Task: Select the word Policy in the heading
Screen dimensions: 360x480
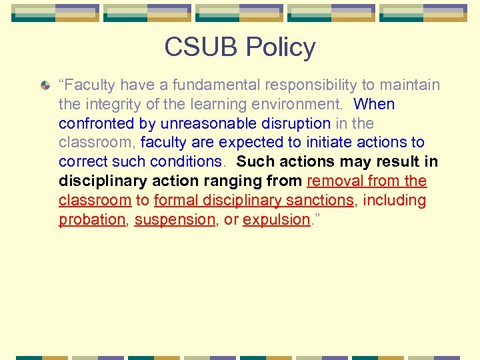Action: click(x=280, y=48)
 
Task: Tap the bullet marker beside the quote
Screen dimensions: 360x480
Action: click(x=45, y=86)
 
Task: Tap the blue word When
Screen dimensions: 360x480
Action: click(x=374, y=105)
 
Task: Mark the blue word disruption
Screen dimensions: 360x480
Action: click(x=295, y=124)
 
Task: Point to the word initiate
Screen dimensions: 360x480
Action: click(x=312, y=143)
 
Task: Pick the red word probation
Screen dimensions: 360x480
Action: click(x=92, y=220)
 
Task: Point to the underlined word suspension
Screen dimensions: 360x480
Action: click(x=175, y=220)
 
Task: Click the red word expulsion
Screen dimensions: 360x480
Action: click(x=277, y=220)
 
